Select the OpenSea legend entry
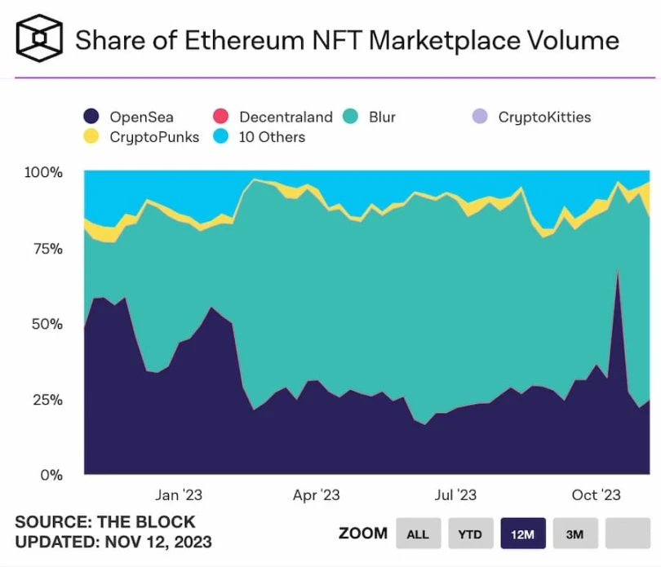coord(140,117)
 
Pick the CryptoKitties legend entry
coord(543,117)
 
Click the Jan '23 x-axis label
coord(179,495)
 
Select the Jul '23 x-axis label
coord(455,495)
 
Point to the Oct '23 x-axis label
coord(595,495)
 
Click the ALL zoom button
coord(418,534)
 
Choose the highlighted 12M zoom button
coord(522,534)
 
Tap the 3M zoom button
coord(574,534)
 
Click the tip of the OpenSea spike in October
coord(618,268)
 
